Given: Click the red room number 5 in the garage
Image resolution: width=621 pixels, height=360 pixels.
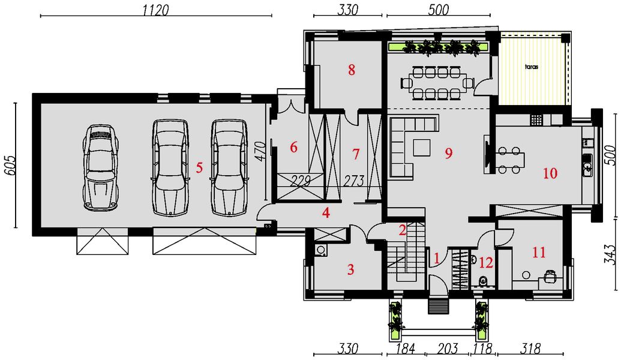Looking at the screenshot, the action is (x=199, y=167).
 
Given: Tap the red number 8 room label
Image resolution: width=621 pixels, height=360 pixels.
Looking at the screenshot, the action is (x=351, y=70).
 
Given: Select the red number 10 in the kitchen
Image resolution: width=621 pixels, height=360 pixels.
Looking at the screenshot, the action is (x=550, y=173).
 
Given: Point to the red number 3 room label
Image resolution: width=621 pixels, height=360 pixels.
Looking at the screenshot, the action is (x=350, y=270).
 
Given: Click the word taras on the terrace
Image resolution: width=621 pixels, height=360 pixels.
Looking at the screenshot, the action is (x=532, y=67).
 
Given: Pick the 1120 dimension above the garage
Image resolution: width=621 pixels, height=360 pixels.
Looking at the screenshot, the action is (x=155, y=10).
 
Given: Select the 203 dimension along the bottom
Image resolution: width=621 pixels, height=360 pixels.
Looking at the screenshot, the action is (x=448, y=349).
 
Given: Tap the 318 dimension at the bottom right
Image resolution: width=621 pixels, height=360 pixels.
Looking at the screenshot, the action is (x=530, y=349).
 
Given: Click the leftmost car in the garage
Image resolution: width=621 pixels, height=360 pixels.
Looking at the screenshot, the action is (x=100, y=167).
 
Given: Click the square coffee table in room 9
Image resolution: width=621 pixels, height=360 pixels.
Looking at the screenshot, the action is (x=422, y=148).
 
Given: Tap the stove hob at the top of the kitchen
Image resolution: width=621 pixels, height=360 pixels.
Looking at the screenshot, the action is (x=536, y=119).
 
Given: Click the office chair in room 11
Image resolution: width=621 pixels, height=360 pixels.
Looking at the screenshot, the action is (x=550, y=275).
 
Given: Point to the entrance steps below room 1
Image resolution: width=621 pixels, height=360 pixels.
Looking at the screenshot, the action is (x=439, y=307).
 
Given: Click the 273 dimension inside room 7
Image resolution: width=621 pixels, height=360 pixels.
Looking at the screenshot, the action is (x=353, y=181).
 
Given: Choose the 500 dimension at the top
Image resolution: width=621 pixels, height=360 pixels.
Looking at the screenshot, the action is (x=439, y=10).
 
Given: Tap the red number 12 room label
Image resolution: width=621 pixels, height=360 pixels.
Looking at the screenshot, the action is (x=486, y=263).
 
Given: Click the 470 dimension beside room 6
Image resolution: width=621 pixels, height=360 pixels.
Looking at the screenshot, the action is (x=260, y=151).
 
